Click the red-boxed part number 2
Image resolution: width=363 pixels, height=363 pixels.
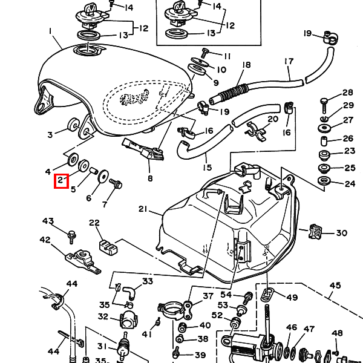click(60, 180)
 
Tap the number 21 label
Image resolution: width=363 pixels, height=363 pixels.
click(143, 209)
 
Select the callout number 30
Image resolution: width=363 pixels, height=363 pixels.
click(342, 233)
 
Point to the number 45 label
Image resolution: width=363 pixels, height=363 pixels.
click(335, 285)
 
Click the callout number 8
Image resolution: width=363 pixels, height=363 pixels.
click(150, 178)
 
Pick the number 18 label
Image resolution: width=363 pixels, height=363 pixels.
click(247, 65)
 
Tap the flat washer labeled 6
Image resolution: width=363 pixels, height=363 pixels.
click(103, 176)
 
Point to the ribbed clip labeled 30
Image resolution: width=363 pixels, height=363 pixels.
click(315, 231)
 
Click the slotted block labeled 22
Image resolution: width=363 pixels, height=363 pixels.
click(108, 247)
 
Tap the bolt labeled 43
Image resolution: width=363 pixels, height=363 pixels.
click(71, 237)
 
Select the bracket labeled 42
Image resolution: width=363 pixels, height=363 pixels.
click(83, 261)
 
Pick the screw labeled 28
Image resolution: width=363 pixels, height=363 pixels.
click(324, 105)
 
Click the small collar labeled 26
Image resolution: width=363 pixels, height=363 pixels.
click(324, 141)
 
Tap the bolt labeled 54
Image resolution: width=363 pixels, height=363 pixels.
click(247, 298)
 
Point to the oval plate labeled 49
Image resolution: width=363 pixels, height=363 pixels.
click(267, 294)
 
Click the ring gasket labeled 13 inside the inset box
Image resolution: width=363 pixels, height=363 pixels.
click(177, 34)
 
